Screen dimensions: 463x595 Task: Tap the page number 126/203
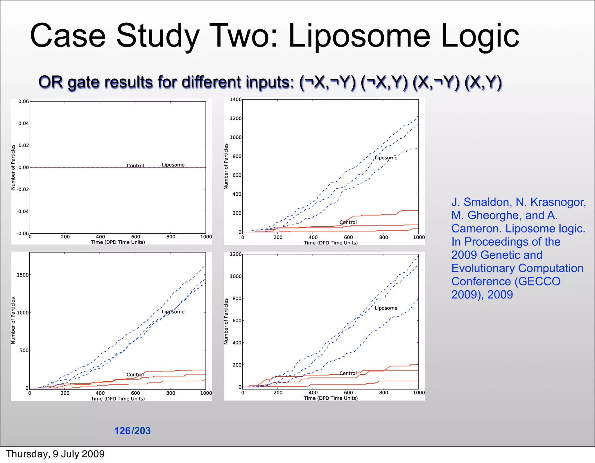point(132,430)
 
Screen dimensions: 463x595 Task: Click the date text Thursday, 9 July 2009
point(55,454)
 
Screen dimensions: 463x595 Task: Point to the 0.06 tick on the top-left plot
point(24,101)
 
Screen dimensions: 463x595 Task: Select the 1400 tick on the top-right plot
point(236,99)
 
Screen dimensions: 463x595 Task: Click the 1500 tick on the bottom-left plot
point(23,275)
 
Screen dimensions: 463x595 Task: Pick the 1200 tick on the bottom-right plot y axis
point(236,254)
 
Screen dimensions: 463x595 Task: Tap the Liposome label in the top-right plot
point(386,158)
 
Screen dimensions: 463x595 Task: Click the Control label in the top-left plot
point(135,166)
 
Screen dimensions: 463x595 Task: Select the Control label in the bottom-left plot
point(135,375)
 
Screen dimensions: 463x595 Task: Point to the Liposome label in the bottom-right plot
point(386,308)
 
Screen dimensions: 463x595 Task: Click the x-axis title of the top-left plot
point(118,242)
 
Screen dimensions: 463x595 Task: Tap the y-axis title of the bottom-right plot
point(226,321)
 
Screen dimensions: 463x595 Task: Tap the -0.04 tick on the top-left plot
point(23,211)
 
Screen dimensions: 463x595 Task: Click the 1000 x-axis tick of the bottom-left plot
point(206,393)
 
